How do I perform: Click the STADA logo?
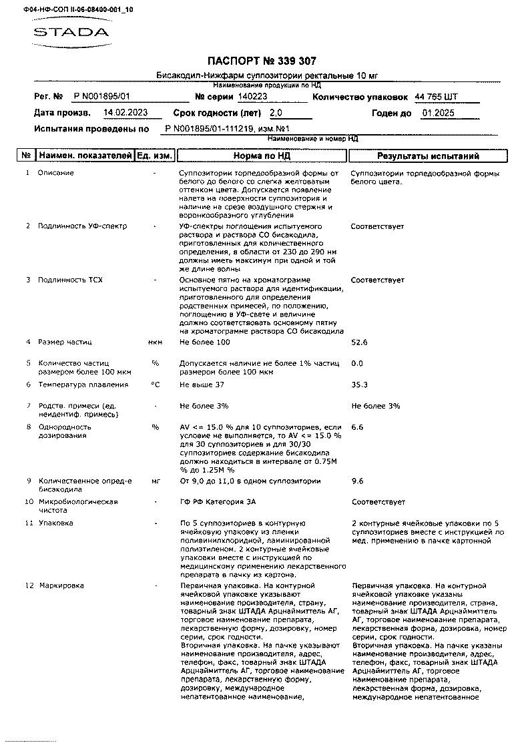coord(70,31)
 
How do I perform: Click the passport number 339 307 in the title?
coord(288,61)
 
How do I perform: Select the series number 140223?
coord(252,97)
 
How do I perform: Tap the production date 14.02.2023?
coord(125,113)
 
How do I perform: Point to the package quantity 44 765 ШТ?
coord(437,97)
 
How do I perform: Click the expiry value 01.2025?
coord(438,113)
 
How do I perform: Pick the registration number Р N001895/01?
coord(101,97)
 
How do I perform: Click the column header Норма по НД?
coord(262,156)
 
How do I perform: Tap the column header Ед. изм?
coord(155,156)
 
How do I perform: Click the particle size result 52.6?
coord(359,342)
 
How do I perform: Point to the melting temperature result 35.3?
coord(359,385)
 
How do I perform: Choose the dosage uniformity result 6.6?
coord(357,427)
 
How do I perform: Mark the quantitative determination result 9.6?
coord(357,481)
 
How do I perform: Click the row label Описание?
coord(56,173)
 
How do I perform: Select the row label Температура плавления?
coord(83,385)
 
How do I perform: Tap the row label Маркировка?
coord(61,585)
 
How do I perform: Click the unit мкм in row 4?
coord(155,342)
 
